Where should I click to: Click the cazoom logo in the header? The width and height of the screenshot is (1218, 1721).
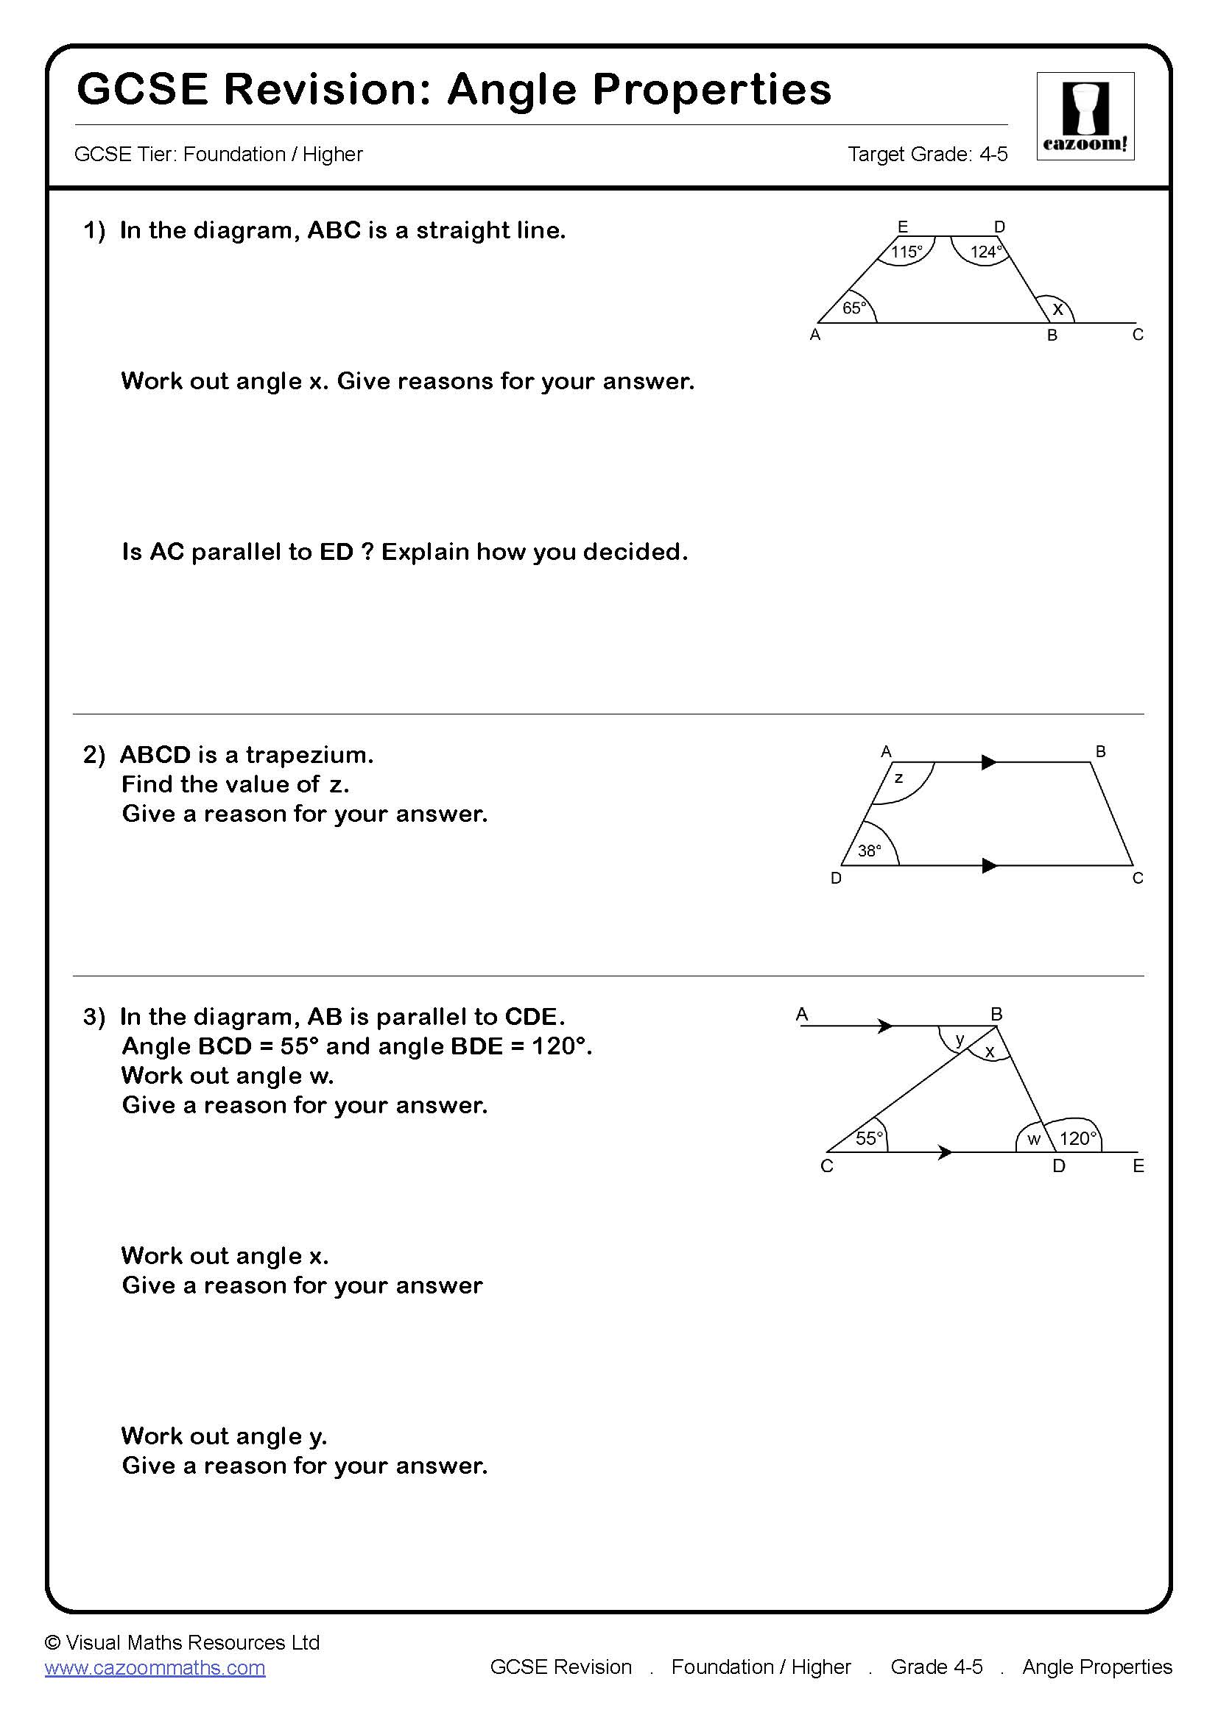tap(1085, 116)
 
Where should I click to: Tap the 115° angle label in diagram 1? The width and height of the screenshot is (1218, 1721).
tap(906, 252)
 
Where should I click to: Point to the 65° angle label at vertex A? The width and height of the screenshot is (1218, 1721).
tap(854, 308)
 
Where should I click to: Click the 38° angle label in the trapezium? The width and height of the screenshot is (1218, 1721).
tap(869, 851)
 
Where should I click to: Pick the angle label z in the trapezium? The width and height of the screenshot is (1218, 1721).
tap(898, 778)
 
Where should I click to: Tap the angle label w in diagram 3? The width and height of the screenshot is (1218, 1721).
tap(1033, 1139)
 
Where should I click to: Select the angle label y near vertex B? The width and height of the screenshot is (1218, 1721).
tap(960, 1039)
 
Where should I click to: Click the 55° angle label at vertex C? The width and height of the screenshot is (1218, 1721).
tap(869, 1138)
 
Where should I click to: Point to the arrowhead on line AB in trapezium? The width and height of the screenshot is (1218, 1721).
tap(989, 762)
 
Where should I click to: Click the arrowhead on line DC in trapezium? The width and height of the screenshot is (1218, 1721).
tap(989, 866)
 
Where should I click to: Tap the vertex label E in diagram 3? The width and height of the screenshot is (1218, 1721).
tap(1138, 1165)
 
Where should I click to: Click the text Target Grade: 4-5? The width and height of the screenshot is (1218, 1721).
tap(927, 154)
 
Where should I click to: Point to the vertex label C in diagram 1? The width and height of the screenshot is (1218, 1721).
tap(1137, 334)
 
